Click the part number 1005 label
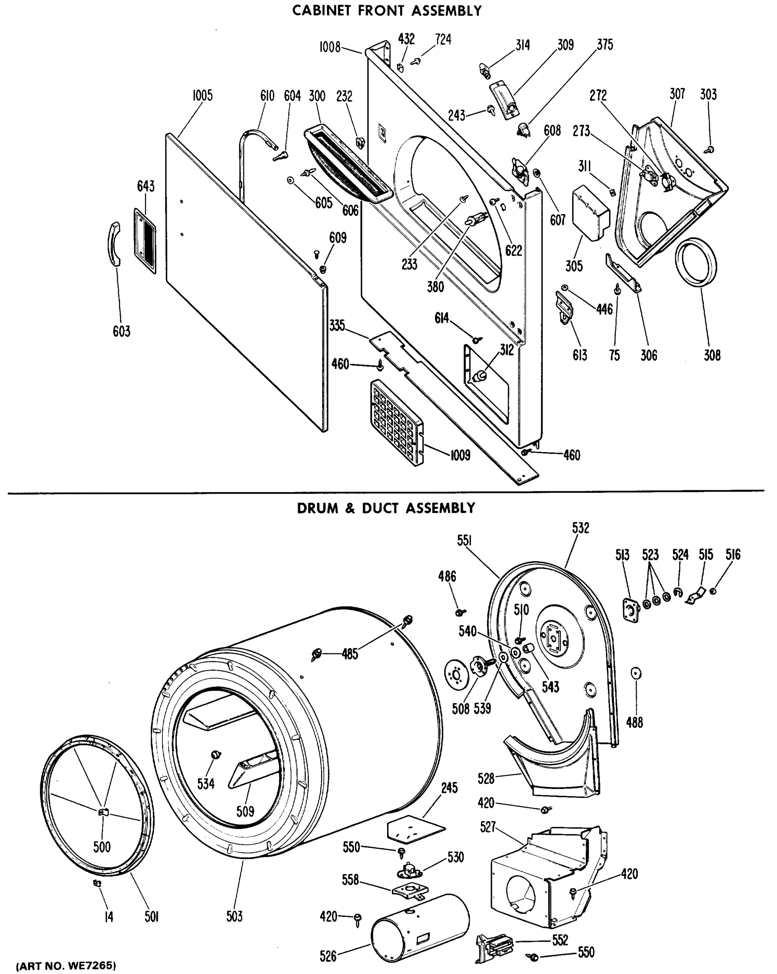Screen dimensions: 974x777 pos(202,96)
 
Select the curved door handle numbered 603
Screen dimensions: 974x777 pos(115,244)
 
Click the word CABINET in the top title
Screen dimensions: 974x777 pos(322,11)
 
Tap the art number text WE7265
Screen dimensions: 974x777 pos(94,966)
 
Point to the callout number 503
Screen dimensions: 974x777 pos(235,916)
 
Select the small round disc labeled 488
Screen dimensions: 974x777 pos(636,673)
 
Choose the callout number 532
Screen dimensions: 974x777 pos(581,528)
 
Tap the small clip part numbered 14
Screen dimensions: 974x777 pos(96,883)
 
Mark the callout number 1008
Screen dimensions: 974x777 pos(330,47)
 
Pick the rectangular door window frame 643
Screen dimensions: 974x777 pos(145,240)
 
